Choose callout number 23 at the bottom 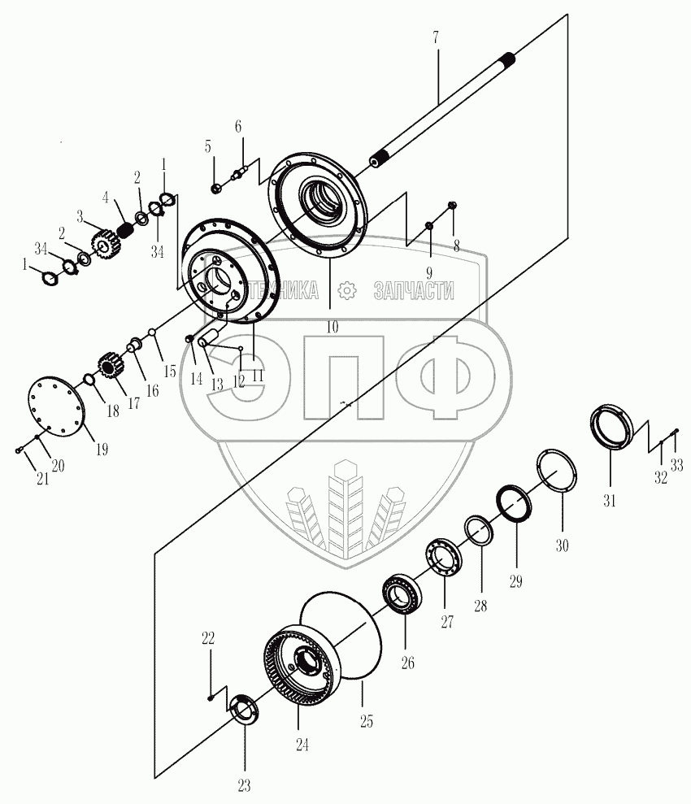click(244, 785)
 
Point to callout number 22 click(208, 639)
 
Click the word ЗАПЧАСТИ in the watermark click(413, 291)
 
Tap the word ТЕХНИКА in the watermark click(285, 291)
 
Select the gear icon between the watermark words click(348, 290)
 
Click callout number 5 click(207, 147)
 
